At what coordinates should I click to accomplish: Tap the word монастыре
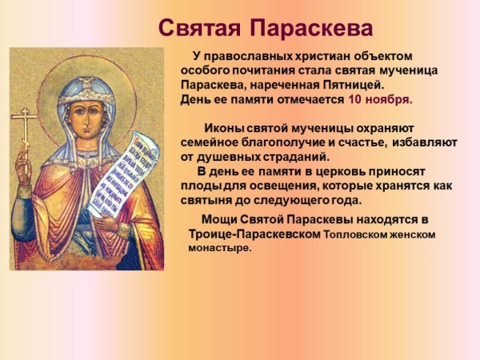(x=219, y=248)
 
